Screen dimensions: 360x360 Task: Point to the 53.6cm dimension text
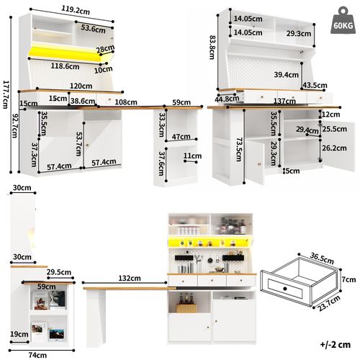(x=94, y=30)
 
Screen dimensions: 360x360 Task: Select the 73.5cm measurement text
(x=236, y=152)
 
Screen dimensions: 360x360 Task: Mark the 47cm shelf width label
(x=181, y=137)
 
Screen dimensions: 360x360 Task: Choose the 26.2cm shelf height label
(x=333, y=148)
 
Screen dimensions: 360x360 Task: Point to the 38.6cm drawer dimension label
(x=84, y=102)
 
